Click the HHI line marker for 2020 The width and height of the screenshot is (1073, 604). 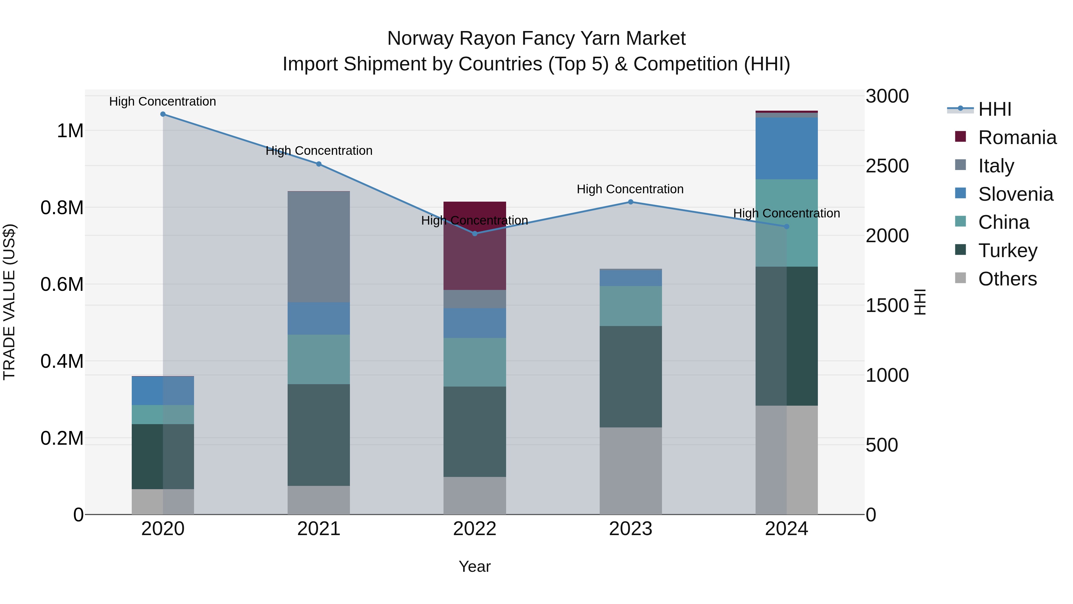(163, 114)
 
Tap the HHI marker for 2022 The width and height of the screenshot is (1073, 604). (475, 234)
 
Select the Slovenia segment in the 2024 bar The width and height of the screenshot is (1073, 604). (787, 149)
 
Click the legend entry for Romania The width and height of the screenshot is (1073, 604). (1017, 138)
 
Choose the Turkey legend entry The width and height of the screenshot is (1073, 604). (1007, 251)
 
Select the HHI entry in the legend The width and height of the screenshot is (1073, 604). (994, 109)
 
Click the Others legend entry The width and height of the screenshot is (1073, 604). (1007, 279)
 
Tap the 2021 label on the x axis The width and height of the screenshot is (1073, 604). (319, 529)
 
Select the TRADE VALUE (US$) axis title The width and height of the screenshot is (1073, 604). (9, 302)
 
